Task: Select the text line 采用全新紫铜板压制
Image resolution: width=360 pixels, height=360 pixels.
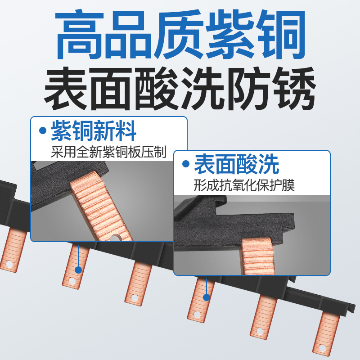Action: click(x=108, y=152)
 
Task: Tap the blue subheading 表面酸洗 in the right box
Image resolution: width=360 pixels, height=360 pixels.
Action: click(x=237, y=164)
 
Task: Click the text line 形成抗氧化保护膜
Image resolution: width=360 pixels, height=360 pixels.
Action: click(x=244, y=185)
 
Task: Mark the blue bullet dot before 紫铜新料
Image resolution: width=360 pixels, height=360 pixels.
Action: click(x=43, y=130)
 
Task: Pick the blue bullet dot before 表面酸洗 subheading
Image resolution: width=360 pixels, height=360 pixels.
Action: click(x=186, y=164)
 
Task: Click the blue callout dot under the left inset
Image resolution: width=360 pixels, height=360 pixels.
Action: click(x=78, y=270)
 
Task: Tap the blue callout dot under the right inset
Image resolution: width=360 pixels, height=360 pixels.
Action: click(x=207, y=297)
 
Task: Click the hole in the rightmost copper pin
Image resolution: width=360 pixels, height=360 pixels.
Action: click(x=322, y=348)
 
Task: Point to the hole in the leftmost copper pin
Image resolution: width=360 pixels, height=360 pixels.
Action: click(x=9, y=264)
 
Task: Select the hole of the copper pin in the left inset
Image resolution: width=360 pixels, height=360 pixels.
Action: click(x=114, y=238)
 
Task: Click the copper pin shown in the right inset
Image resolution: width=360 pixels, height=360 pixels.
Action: click(x=257, y=256)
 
